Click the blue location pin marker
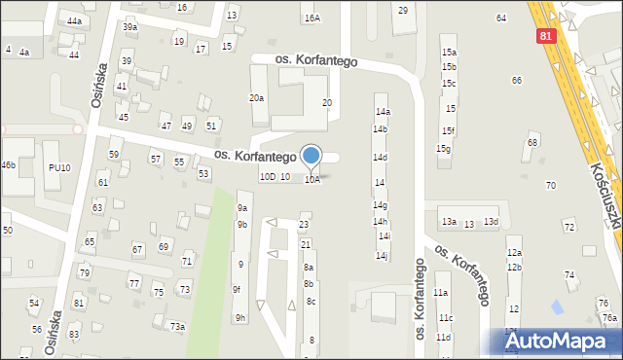coord(311,156)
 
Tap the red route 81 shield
coord(548,35)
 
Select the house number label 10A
coord(311,179)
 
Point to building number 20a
coord(256,98)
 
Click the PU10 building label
coord(59,168)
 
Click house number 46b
coord(8,165)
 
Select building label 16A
coord(311,18)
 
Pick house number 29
coord(403,10)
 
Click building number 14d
coord(380,158)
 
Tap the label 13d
coord(492,223)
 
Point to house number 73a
coord(177,326)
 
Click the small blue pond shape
coord(557,307)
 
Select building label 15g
coord(443,149)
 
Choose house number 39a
coord(129,27)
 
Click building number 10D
coord(267,177)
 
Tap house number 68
coord(531,143)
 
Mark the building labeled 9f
coord(237,289)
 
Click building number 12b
coord(514,268)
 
